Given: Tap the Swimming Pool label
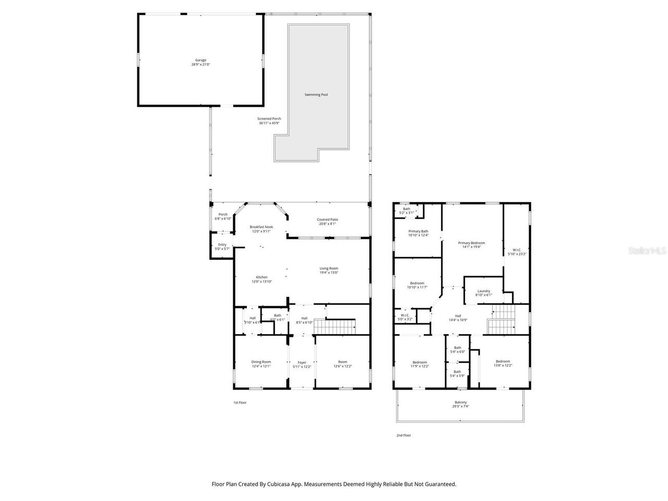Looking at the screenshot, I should [316, 94].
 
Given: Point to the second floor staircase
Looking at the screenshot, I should [502, 319].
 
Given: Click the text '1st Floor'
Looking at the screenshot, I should [240, 402].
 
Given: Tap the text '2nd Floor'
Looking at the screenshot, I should [403, 435].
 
